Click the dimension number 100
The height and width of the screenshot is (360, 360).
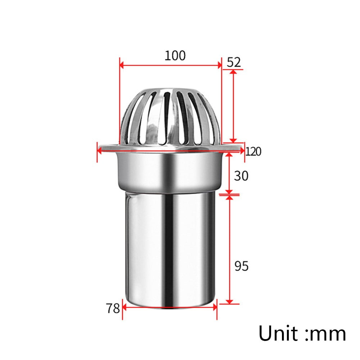click(x=175, y=56)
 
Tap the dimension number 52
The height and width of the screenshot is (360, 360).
click(x=234, y=62)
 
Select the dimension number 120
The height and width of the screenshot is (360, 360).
click(x=254, y=151)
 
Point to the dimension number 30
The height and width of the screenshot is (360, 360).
click(x=241, y=176)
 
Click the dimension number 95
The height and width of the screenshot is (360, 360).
click(x=241, y=266)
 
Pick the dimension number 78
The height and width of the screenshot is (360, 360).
click(x=113, y=308)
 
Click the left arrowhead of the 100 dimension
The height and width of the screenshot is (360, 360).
click(x=122, y=65)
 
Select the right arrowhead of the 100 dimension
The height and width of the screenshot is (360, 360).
click(x=219, y=65)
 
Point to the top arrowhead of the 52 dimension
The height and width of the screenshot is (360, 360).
click(x=233, y=72)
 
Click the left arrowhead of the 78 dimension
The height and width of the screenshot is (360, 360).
click(x=125, y=307)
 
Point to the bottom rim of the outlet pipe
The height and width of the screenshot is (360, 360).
click(x=169, y=307)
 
